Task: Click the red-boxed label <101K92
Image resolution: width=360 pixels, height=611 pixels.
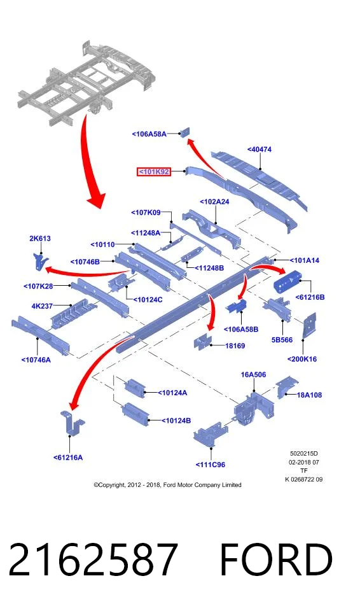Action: point(154,171)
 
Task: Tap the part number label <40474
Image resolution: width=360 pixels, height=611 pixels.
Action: point(259,149)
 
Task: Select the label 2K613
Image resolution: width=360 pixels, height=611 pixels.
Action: point(39,239)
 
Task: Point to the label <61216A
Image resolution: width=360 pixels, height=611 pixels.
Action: point(68,458)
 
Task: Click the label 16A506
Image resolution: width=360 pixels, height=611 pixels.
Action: point(253,375)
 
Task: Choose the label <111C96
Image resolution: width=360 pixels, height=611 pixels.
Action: point(211,465)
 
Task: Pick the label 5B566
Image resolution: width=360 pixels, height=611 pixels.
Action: point(282,340)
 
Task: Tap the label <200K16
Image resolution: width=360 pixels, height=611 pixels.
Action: point(302,359)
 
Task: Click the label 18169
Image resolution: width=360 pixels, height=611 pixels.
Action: point(235,346)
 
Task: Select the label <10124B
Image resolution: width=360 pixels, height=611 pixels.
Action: point(176,421)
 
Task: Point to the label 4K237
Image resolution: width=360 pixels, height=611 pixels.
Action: point(42,306)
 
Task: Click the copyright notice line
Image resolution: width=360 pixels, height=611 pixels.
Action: point(167,485)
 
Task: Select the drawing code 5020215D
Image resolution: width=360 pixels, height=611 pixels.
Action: point(304,454)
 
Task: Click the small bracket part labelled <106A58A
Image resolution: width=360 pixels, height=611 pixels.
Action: point(184,132)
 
